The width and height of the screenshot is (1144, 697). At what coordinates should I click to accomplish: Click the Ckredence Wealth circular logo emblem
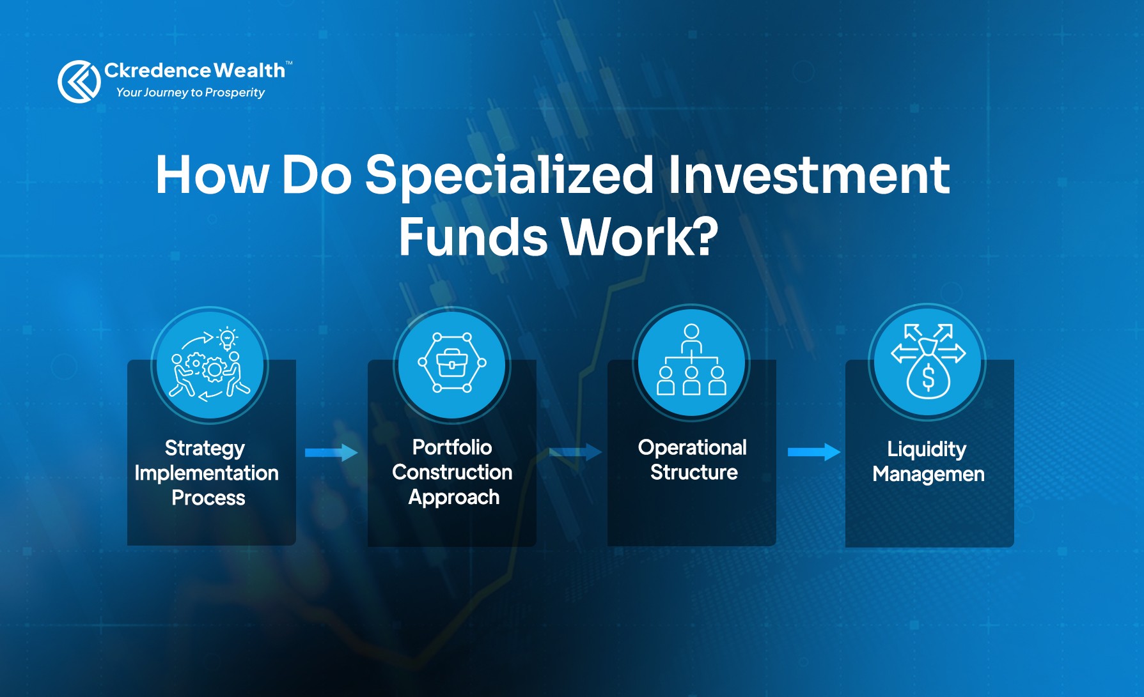(79, 81)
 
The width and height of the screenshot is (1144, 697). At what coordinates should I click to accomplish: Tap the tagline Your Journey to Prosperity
(190, 93)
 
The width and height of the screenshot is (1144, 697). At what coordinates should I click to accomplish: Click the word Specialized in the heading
(509, 175)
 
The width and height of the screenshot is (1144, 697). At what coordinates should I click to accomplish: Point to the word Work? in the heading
(640, 236)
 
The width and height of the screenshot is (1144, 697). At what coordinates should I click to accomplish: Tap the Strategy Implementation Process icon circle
(210, 365)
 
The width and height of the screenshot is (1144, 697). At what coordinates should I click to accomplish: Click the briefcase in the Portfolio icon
(452, 363)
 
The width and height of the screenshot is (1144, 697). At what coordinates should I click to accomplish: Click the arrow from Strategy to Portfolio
(331, 452)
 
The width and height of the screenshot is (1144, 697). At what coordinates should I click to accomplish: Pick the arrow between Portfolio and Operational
(576, 452)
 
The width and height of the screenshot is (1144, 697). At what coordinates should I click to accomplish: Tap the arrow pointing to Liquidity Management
(814, 452)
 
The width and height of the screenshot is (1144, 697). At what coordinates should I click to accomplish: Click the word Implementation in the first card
(207, 473)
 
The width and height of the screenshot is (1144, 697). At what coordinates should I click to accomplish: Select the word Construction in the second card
(452, 472)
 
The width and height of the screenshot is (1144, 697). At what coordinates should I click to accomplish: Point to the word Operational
(693, 448)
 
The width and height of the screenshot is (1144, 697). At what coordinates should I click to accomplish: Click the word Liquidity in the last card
(927, 450)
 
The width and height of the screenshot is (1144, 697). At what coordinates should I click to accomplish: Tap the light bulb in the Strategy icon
(227, 338)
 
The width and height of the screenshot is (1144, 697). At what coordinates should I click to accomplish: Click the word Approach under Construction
(454, 498)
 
